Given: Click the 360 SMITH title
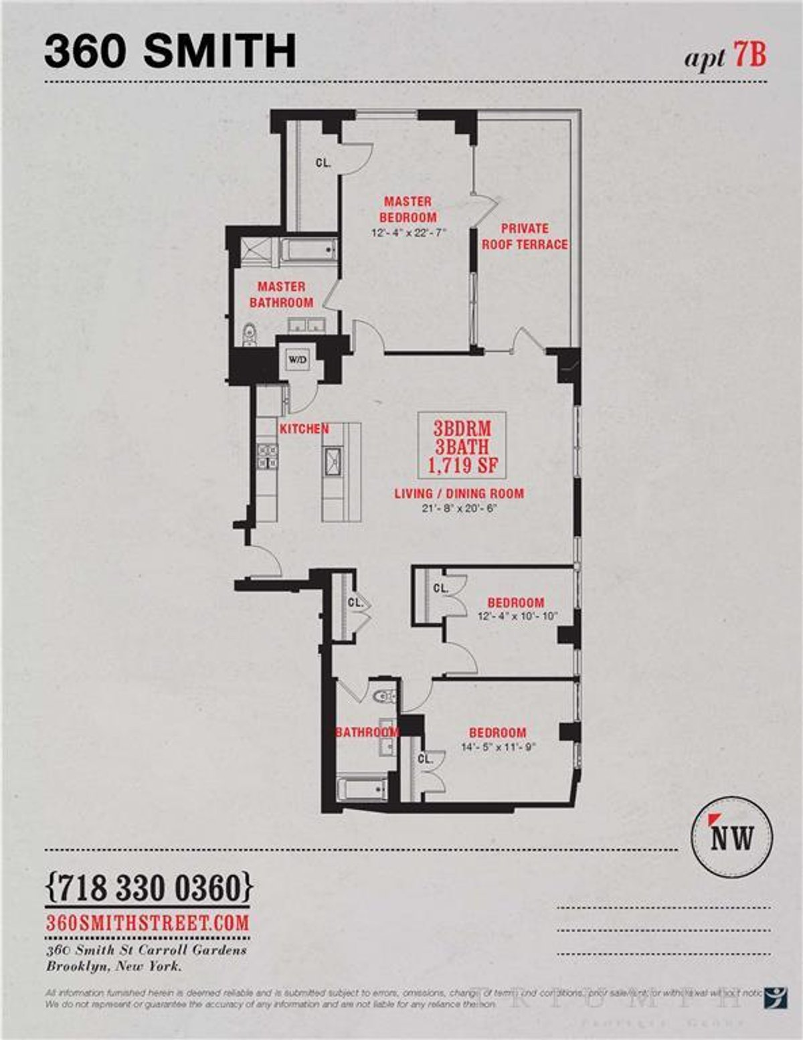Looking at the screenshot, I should pyautogui.click(x=170, y=52).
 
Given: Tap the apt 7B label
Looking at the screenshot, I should pyautogui.click(x=724, y=57).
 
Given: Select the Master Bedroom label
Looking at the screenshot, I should pyautogui.click(x=408, y=209).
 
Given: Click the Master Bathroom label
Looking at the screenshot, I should pyautogui.click(x=281, y=294).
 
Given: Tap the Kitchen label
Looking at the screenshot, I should pyautogui.click(x=304, y=429).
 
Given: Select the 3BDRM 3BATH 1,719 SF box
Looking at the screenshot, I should pyautogui.click(x=462, y=444).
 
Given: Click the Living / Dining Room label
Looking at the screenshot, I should pyautogui.click(x=459, y=494).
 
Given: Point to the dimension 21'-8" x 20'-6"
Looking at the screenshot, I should pyautogui.click(x=459, y=508).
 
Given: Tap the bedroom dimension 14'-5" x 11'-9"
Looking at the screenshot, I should pyautogui.click(x=498, y=747).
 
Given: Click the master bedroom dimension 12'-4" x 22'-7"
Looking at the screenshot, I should pyautogui.click(x=408, y=233).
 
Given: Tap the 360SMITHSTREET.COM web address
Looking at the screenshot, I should pyautogui.click(x=147, y=923).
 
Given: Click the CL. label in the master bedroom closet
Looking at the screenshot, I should pyautogui.click(x=323, y=162).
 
